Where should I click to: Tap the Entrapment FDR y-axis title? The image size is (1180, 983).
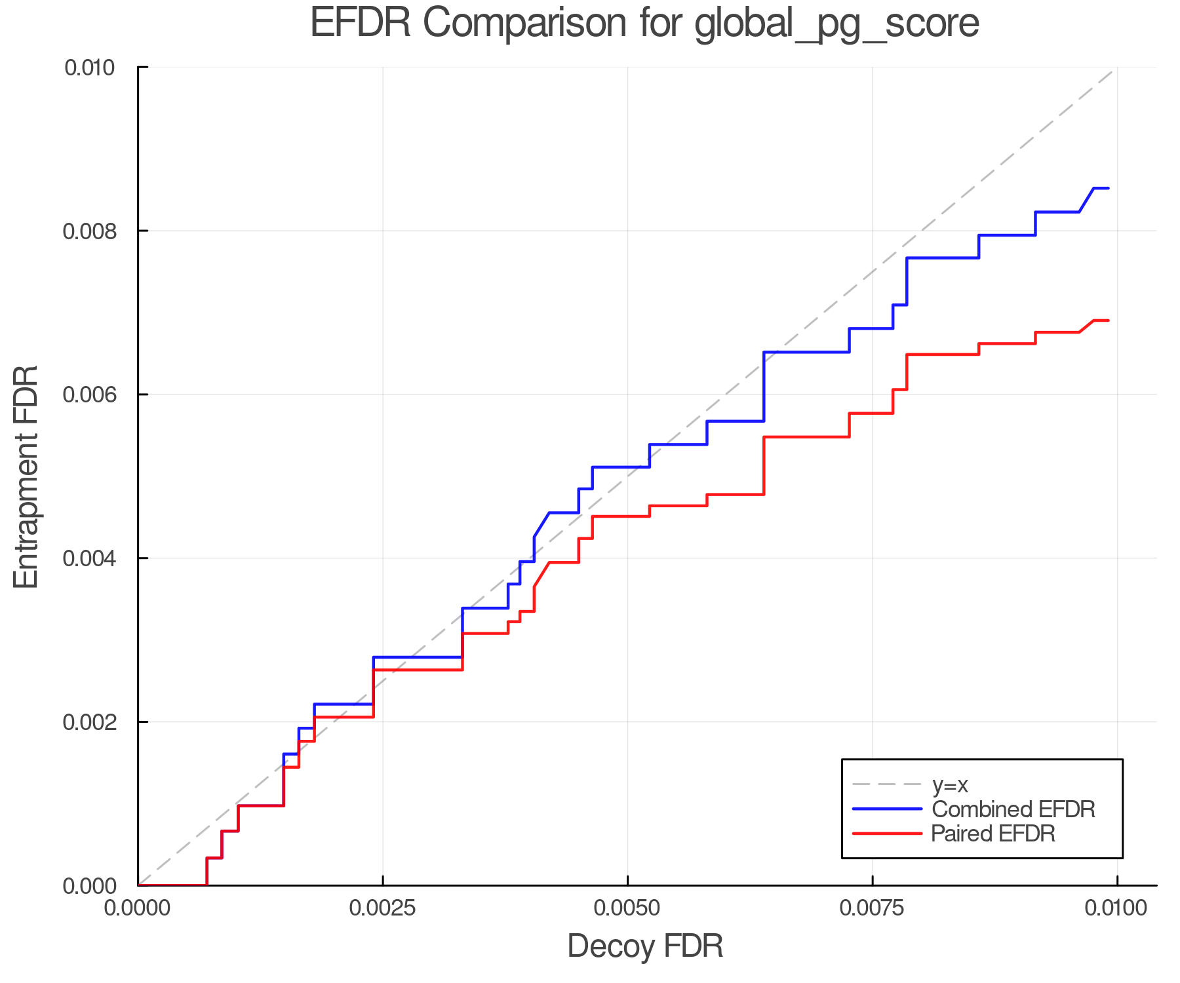click(x=26, y=476)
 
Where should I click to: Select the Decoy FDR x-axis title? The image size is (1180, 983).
click(x=645, y=946)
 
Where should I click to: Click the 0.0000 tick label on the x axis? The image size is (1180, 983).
click(x=138, y=908)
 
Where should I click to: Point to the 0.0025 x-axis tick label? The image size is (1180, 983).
click(x=383, y=908)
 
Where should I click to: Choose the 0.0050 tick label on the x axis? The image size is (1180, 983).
click(x=628, y=908)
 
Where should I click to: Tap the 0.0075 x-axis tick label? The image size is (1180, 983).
click(x=873, y=908)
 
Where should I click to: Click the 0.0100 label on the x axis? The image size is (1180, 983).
click(x=1117, y=908)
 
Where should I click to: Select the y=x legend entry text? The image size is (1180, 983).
click(x=950, y=784)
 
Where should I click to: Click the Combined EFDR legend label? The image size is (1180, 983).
click(x=1013, y=809)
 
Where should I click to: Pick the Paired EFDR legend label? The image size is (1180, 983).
click(x=993, y=834)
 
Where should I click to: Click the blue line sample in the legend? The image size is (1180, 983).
click(x=887, y=809)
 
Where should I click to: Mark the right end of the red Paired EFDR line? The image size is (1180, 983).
click(x=1108, y=320)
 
